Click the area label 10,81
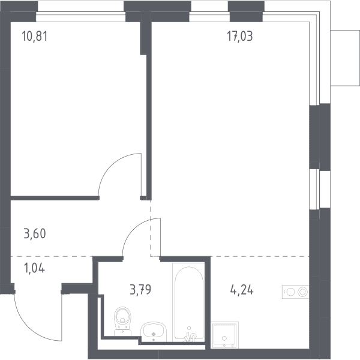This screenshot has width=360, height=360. (35, 37)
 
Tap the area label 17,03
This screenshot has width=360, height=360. (240, 37)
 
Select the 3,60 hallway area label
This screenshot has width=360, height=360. (35, 233)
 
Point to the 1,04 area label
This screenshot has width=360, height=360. (34, 268)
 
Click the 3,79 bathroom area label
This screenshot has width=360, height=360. (140, 290)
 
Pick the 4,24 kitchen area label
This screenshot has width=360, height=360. (242, 290)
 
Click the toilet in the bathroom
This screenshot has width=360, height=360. (123, 321)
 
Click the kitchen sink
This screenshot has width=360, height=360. (224, 335)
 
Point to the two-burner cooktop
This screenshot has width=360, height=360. (295, 292)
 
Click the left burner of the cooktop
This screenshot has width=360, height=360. (290, 292)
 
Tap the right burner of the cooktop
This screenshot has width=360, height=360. (302, 292)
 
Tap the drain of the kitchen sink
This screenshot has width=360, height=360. (224, 338)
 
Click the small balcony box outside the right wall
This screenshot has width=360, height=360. (345, 58)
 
